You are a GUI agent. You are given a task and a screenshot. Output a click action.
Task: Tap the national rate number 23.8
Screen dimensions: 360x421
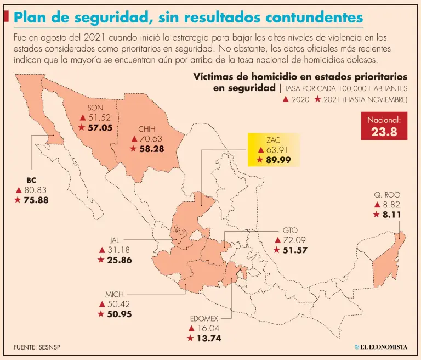pyautogui.click(x=384, y=132)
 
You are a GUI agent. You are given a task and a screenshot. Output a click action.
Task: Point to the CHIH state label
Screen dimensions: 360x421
pyautogui.click(x=147, y=130)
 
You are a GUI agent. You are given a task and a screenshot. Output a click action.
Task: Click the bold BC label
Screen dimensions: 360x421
pyautogui.click(x=31, y=180)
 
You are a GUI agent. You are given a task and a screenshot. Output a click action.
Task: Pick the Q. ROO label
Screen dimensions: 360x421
pyautogui.click(x=387, y=195)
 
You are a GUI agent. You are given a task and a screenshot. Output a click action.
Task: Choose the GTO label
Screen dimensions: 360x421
pyautogui.click(x=290, y=229)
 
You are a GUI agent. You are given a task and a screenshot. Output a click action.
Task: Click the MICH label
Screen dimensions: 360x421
pyautogui.click(x=115, y=294)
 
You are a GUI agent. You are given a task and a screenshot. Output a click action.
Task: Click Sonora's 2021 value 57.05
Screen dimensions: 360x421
pyautogui.click(x=99, y=127)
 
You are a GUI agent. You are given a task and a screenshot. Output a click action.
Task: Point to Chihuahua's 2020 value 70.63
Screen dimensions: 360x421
pyautogui.click(x=150, y=139)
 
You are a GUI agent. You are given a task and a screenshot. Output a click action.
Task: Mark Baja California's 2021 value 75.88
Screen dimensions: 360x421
pyautogui.click(x=36, y=200)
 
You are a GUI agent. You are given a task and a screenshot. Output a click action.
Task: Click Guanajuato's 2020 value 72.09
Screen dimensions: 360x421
pyautogui.click(x=293, y=240)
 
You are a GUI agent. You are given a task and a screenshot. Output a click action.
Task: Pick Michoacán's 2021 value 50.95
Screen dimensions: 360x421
pyautogui.click(x=119, y=314)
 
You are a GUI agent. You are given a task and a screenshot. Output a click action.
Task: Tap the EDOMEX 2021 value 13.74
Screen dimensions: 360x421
pyautogui.click(x=208, y=339)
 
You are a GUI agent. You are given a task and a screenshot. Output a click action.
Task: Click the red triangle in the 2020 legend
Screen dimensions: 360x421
pyautogui.click(x=286, y=99)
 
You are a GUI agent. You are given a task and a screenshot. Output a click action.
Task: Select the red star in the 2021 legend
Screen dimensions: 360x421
pyautogui.click(x=317, y=99)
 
